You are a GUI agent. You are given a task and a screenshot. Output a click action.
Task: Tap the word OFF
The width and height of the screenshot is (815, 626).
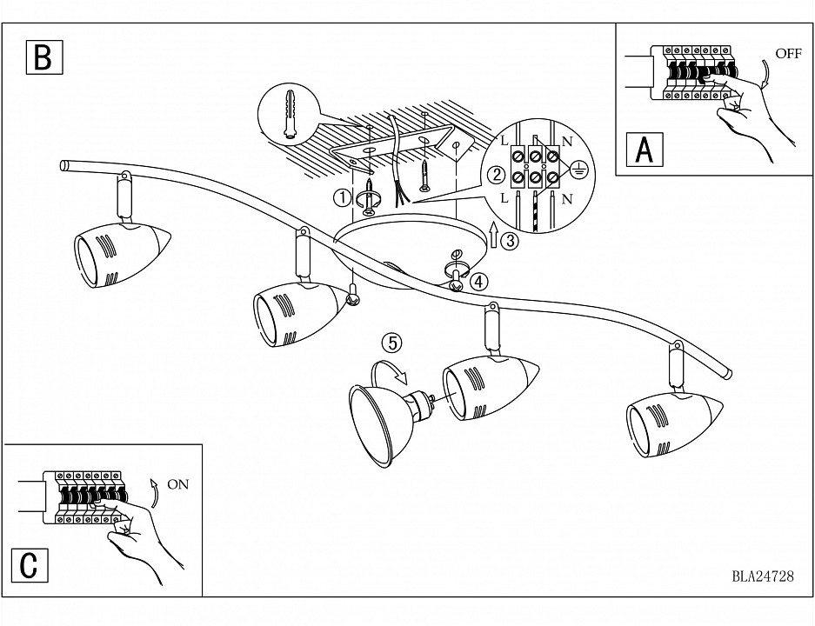[788, 54]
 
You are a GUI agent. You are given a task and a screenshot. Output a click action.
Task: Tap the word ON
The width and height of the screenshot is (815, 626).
[177, 485]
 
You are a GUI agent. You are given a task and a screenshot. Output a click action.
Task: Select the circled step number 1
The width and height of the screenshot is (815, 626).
[344, 197]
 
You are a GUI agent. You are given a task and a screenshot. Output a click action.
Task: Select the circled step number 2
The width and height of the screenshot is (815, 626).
[497, 175]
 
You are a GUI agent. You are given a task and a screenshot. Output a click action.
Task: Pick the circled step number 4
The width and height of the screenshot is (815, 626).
[479, 281]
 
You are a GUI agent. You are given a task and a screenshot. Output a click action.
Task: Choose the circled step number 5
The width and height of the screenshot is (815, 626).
[393, 343]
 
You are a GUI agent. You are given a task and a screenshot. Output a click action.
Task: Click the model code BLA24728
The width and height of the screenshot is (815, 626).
[763, 575]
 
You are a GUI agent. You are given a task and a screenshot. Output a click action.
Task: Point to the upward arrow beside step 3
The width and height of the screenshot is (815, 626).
[495, 236]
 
